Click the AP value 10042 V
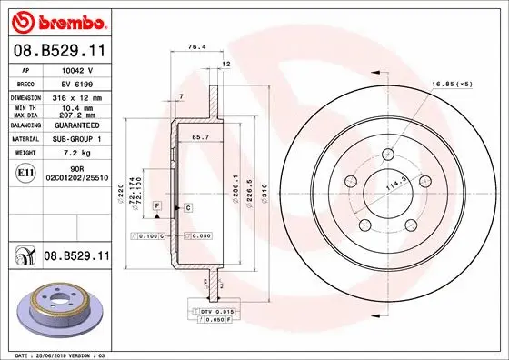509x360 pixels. point(78,69)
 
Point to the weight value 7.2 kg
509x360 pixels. point(78,153)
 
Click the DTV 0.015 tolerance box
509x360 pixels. point(215,312)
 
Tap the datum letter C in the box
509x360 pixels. point(186,208)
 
